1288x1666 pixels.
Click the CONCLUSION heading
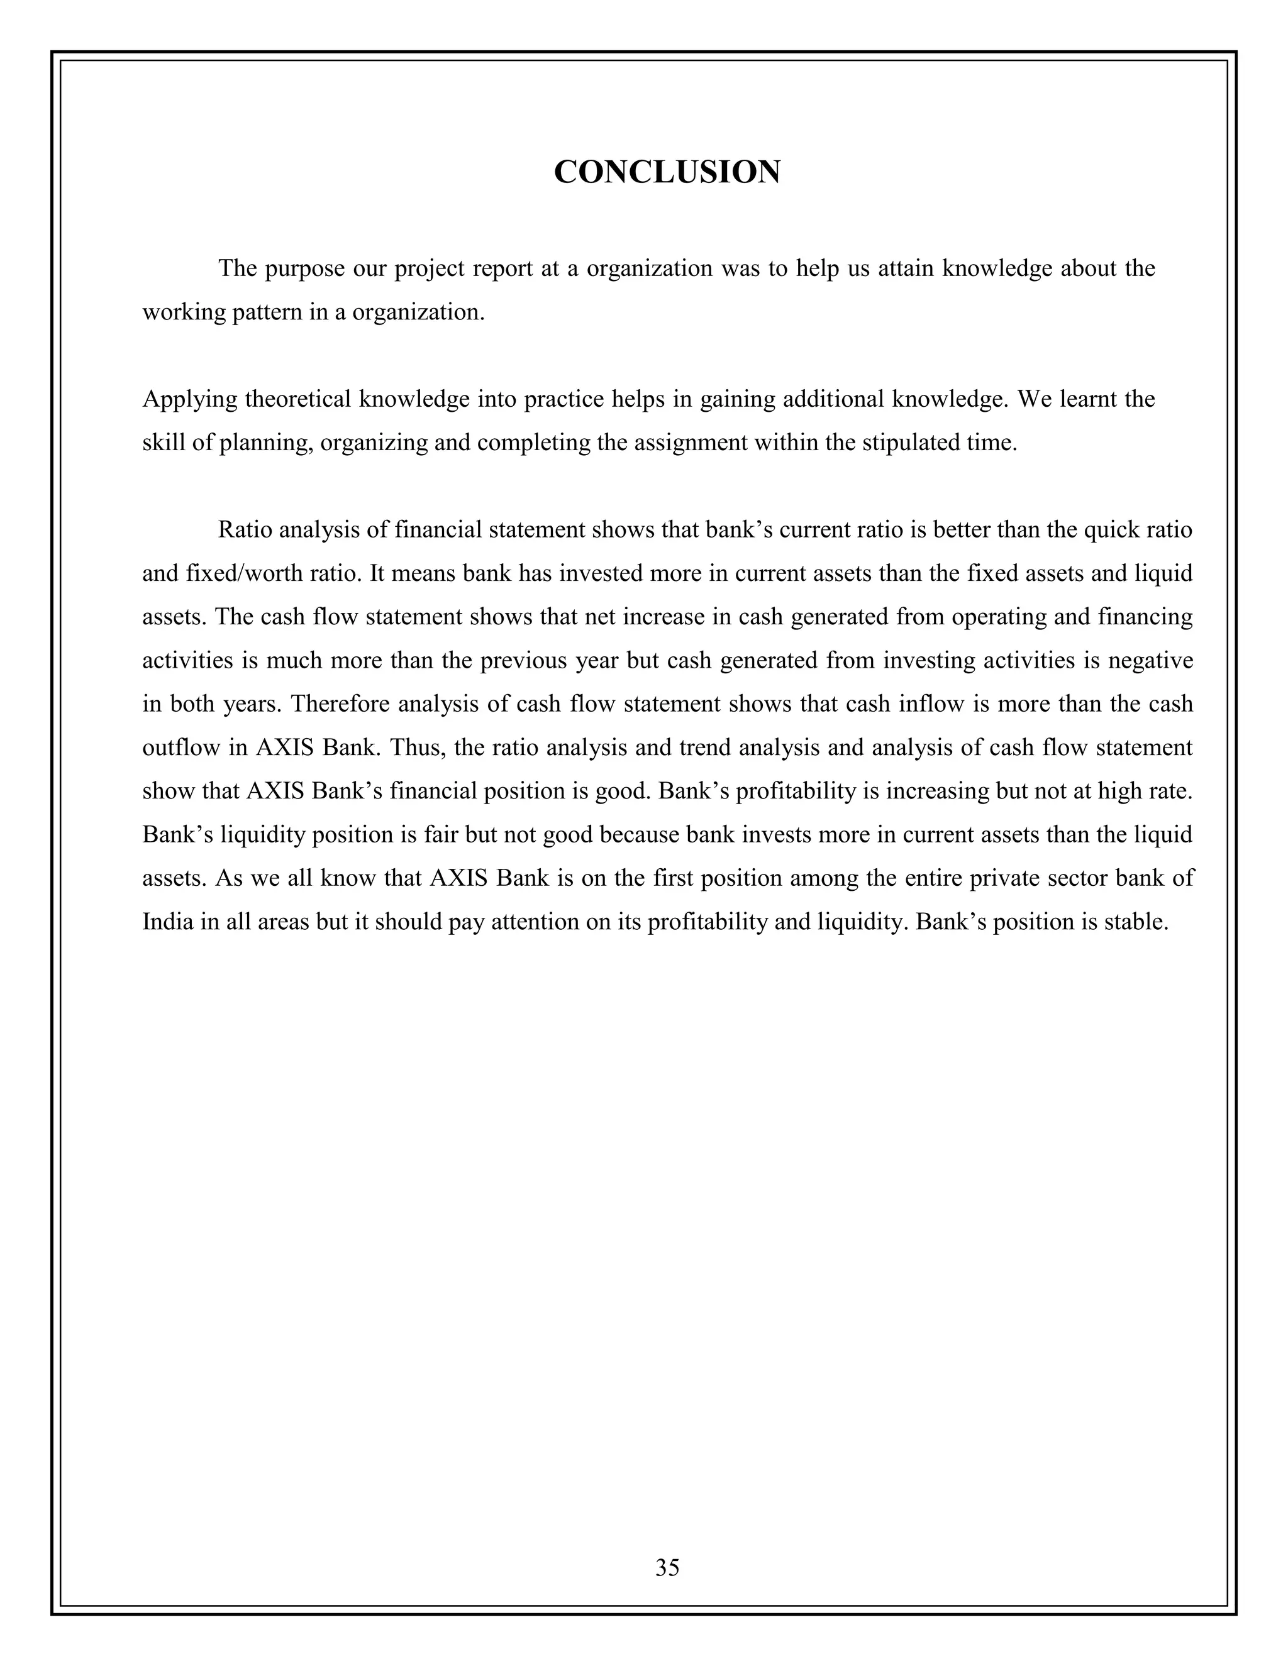(666, 172)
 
